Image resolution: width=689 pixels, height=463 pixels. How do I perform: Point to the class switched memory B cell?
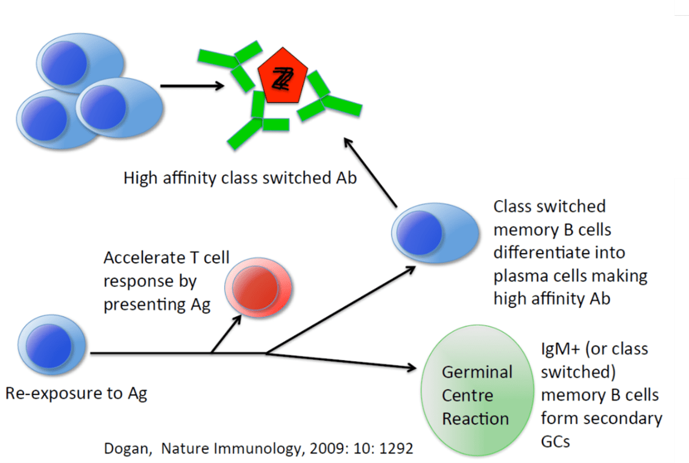coord(429,233)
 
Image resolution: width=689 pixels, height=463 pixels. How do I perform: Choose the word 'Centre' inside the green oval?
coord(468,395)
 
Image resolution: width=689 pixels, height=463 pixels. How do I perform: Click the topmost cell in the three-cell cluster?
coord(80,61)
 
